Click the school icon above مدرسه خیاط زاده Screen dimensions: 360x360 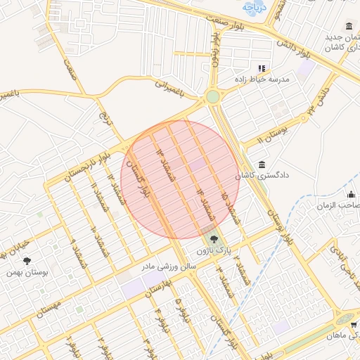point(262,68)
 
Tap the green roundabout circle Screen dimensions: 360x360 point(212,96)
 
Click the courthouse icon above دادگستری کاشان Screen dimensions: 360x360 point(262,164)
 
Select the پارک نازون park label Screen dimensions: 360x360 point(214,250)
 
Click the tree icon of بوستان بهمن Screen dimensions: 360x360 point(27,261)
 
